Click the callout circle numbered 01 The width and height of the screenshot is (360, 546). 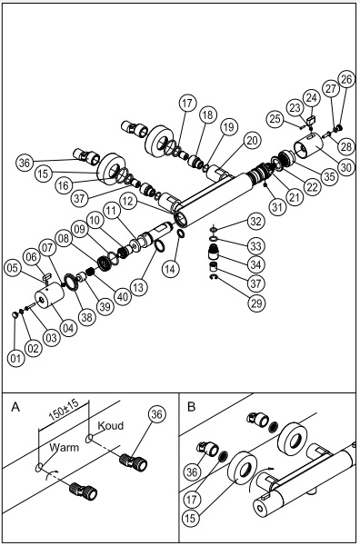click(x=15, y=358)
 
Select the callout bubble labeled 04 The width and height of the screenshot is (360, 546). click(x=69, y=328)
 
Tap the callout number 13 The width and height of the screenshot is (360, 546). click(x=138, y=288)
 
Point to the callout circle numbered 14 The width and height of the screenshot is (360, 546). click(x=171, y=269)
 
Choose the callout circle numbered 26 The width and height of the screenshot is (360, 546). click(x=346, y=80)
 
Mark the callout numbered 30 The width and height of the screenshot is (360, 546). click(x=346, y=167)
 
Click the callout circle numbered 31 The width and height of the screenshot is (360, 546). click(x=278, y=207)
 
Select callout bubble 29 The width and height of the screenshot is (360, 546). click(x=256, y=303)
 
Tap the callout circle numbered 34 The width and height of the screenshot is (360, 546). click(x=255, y=264)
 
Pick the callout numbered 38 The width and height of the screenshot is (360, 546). click(x=86, y=317)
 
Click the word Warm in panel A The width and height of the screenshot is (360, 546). click(x=65, y=447)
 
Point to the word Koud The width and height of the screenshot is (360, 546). click(x=111, y=425)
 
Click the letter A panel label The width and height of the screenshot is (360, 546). click(x=15, y=407)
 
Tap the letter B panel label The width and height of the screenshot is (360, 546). click(x=191, y=407)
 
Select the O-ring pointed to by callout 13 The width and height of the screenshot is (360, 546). click(x=159, y=246)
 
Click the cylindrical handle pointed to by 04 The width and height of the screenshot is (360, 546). click(x=49, y=296)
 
